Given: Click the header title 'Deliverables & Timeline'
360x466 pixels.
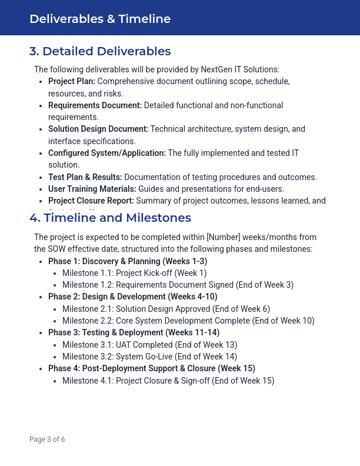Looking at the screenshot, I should pyautogui.click(x=100, y=19).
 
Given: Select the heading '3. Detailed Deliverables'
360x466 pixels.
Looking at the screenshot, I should pyautogui.click(x=100, y=51).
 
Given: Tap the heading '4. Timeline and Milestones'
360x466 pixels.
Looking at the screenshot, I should pyautogui.click(x=110, y=218).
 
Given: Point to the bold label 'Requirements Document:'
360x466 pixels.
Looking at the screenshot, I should pyautogui.click(x=95, y=105).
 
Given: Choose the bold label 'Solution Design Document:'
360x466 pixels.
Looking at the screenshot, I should pyautogui.click(x=98, y=129).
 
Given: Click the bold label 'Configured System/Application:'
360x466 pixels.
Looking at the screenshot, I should pyautogui.click(x=107, y=153).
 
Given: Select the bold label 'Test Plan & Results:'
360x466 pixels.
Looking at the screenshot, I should pyautogui.click(x=85, y=177).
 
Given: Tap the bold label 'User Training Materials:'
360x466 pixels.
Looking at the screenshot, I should pyautogui.click(x=92, y=189).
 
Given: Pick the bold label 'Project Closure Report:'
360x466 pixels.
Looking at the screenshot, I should pyautogui.click(x=91, y=201).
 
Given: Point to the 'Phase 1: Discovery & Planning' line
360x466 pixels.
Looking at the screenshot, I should pyautogui.click(x=128, y=261).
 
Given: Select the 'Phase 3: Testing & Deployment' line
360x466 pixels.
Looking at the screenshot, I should pyautogui.click(x=134, y=333).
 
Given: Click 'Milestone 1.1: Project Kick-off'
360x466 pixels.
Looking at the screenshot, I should pyautogui.click(x=135, y=273).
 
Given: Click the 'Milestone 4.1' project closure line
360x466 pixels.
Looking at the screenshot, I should pyautogui.click(x=168, y=381).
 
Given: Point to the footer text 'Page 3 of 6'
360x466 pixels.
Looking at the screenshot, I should pyautogui.click(x=47, y=440).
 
